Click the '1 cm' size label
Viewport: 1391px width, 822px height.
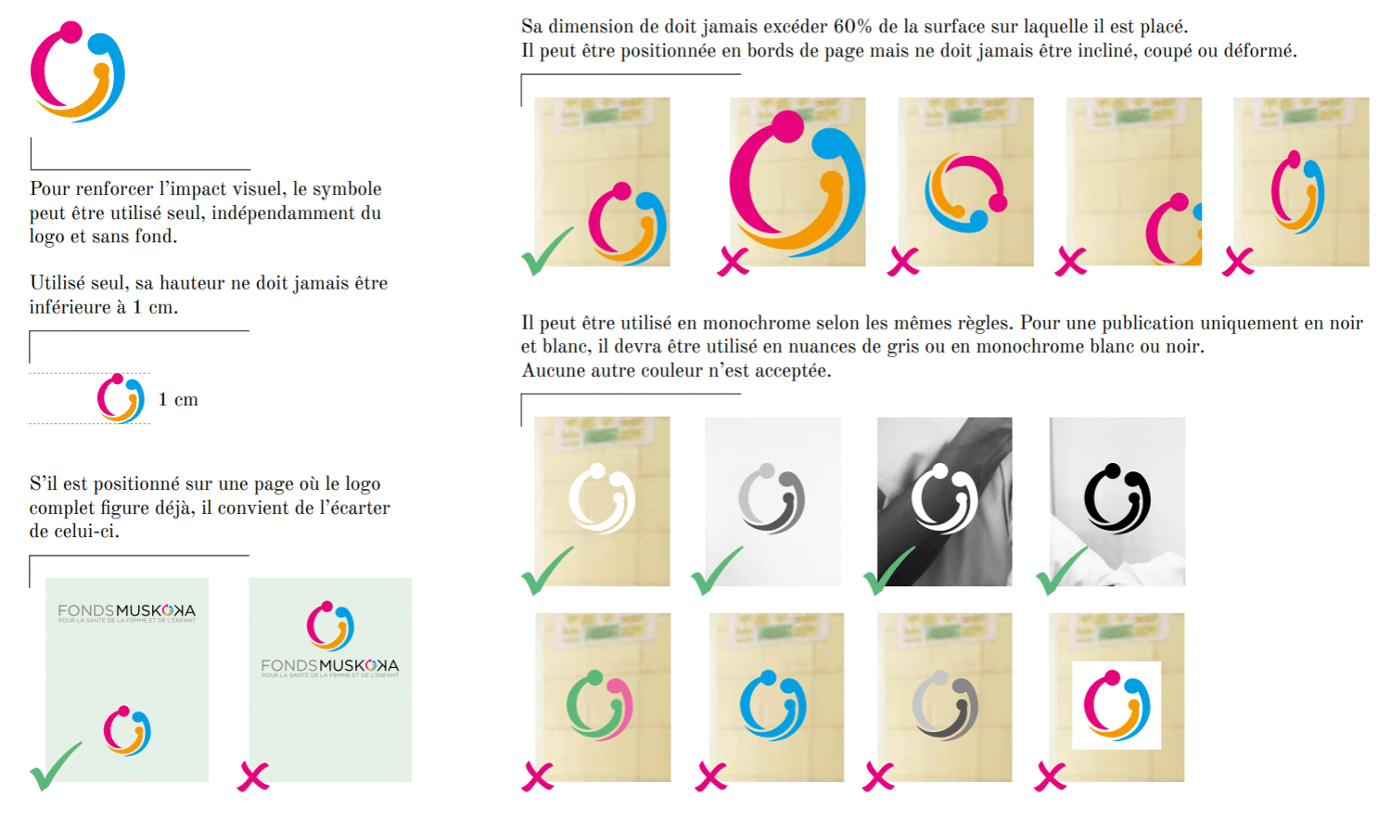coord(178,400)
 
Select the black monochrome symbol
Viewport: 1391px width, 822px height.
coord(1117,498)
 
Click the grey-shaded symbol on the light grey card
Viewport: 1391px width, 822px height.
coord(772,498)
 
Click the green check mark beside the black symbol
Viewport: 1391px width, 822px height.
coord(1061,572)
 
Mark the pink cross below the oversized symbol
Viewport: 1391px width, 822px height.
coord(734,262)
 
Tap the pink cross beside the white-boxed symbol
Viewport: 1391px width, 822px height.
coord(1050,777)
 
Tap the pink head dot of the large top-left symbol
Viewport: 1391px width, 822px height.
coord(70,32)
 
